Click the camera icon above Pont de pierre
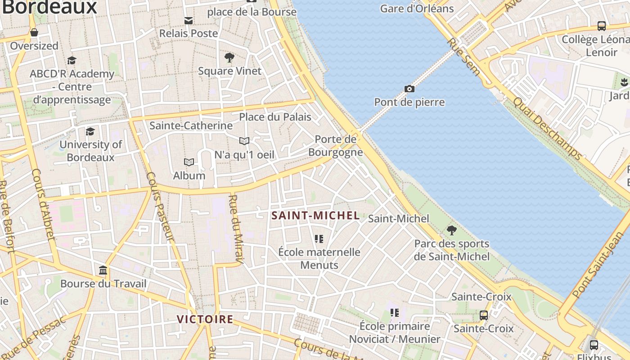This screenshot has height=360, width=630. (x=409, y=89)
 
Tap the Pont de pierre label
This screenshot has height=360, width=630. (x=409, y=102)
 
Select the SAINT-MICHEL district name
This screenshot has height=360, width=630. (x=315, y=216)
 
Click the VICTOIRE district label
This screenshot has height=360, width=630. (x=205, y=319)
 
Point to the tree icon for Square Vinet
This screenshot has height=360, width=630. (x=229, y=58)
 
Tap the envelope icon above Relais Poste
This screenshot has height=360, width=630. (x=189, y=20)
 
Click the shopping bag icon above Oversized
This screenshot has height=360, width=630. (x=34, y=32)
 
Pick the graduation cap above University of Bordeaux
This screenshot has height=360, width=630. (x=90, y=131)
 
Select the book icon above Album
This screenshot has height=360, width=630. (x=189, y=162)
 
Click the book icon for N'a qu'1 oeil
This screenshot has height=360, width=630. (x=244, y=141)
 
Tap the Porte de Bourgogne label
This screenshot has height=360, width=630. (x=336, y=146)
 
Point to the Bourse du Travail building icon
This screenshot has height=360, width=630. (x=103, y=270)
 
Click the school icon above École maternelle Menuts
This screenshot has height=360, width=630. (x=319, y=238)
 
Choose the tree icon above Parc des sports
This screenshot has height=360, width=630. (x=452, y=230)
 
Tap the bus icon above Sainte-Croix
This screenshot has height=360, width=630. (x=483, y=315)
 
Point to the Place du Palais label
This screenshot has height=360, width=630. (x=275, y=117)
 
